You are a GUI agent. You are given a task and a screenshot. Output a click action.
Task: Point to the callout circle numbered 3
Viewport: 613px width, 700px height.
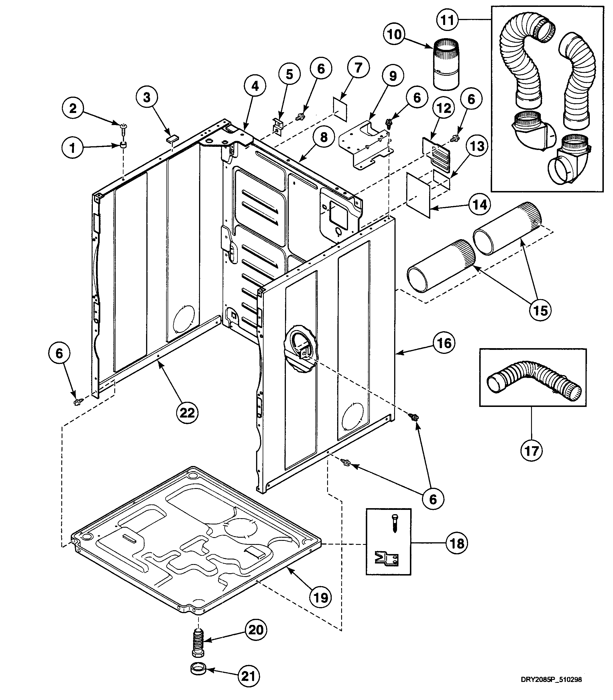tap(147, 97)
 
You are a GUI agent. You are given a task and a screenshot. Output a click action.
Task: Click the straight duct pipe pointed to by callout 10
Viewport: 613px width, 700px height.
tap(446, 65)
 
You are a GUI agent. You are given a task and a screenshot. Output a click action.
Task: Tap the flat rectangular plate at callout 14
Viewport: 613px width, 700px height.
tap(418, 194)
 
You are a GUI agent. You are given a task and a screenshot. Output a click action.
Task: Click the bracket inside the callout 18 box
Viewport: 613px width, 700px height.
tap(388, 559)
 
